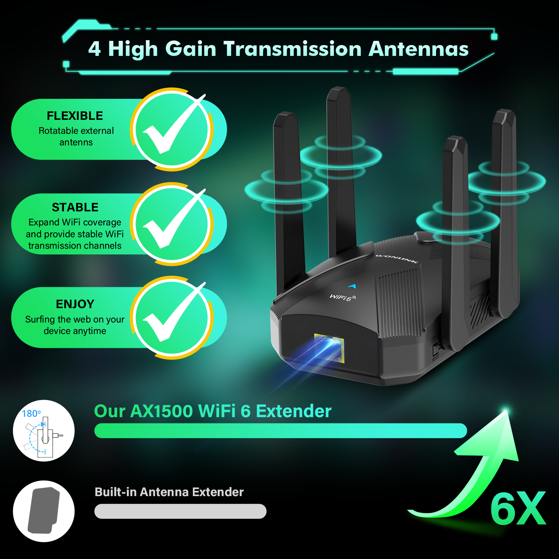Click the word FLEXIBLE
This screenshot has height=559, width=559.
(x=75, y=116)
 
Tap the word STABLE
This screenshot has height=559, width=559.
(x=75, y=207)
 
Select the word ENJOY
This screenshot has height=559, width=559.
(x=75, y=304)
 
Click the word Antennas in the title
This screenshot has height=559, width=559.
(x=419, y=49)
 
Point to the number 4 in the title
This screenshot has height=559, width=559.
(x=94, y=49)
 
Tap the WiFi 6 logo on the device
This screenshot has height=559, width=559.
(x=343, y=297)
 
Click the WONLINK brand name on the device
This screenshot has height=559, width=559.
(x=397, y=259)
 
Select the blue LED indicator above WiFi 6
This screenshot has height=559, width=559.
(x=352, y=286)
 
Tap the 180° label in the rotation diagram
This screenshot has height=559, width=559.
(x=31, y=414)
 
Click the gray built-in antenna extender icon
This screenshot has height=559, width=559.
(x=44, y=511)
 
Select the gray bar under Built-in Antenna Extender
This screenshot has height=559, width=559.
(x=180, y=511)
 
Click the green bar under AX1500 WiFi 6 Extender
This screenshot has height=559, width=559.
(x=281, y=430)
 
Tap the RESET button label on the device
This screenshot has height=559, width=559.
(x=435, y=357)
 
